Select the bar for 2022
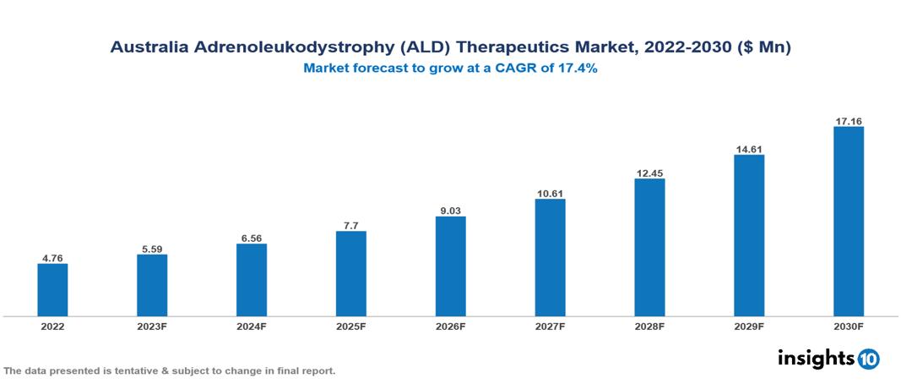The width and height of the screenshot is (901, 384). click(52, 290)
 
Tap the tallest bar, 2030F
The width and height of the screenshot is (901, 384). click(848, 222)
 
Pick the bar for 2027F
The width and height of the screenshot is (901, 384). click(550, 258)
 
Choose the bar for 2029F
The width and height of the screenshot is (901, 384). click(749, 236)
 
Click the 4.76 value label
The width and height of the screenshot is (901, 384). click(52, 256)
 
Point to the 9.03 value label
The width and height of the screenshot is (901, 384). click(450, 209)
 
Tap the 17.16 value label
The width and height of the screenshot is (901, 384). click(848, 121)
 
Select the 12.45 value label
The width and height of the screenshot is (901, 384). click(649, 173)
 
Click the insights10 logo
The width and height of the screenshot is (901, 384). click(828, 359)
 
